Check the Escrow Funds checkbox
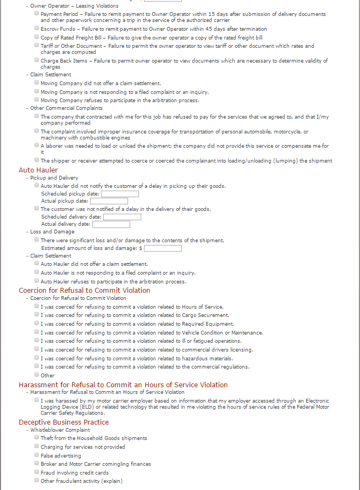[37, 28]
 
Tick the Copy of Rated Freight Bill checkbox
[37, 37]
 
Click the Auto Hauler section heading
[38, 170]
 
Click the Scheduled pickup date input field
[120, 194]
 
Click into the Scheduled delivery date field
[122, 217]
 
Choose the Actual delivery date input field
[111, 224]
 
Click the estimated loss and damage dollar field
[163, 248]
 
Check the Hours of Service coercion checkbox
[37, 306]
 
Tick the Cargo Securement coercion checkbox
[37, 315]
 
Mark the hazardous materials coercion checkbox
[37, 358]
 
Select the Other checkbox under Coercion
[37, 375]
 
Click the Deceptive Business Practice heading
[64, 422]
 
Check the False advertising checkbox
[37, 455]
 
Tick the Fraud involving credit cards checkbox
[37, 472]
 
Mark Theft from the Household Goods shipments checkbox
[37, 438]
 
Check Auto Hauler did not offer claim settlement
[37, 264]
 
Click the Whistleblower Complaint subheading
[60, 430]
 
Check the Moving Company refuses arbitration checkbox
[37, 100]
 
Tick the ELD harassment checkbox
[37, 400]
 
